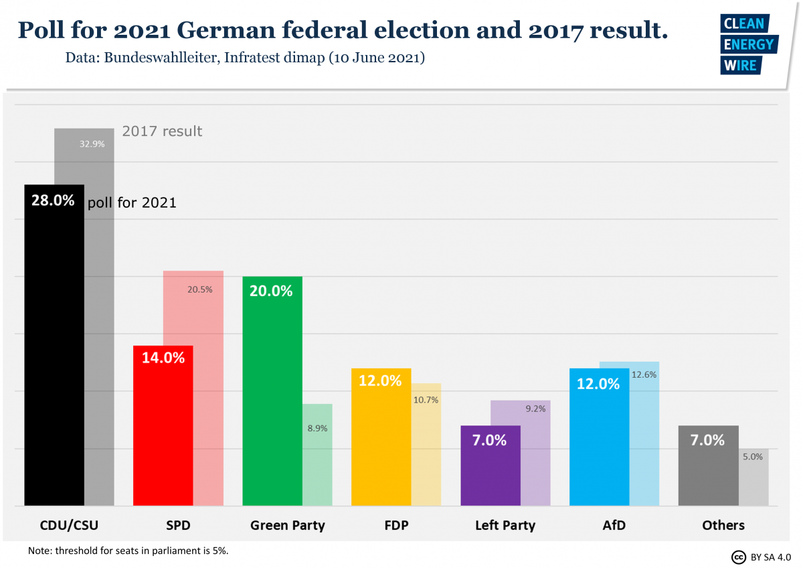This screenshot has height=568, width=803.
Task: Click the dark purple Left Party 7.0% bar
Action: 490,469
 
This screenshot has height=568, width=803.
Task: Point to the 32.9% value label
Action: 92,143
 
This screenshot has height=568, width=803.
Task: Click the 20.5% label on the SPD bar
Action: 199,289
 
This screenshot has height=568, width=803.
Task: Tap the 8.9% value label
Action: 317,428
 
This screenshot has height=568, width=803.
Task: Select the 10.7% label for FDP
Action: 426,400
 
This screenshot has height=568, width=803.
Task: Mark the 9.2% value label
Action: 535,408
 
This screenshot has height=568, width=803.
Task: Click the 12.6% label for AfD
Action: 644,375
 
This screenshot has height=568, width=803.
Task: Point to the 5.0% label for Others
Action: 752,457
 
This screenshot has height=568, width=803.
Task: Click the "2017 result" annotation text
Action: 162,131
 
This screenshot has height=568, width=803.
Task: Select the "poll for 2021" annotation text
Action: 132,202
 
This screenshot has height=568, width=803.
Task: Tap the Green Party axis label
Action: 287,525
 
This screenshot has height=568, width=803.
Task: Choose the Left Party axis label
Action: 505,525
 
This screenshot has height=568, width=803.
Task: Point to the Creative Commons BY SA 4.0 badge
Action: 761,557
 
